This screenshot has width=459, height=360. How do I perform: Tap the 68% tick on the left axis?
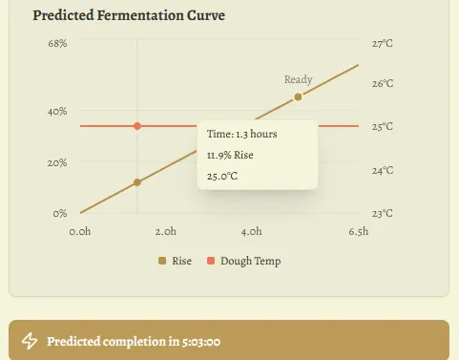[57, 44]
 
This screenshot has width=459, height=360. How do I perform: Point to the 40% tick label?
[57, 112]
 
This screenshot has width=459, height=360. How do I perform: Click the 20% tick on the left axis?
[57, 162]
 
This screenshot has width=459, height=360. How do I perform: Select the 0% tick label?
[60, 213]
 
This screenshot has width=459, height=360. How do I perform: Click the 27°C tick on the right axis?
[383, 44]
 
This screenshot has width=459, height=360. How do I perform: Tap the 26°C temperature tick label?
[383, 84]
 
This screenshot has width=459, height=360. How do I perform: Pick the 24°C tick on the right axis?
[383, 170]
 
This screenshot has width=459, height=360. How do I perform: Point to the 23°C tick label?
[383, 213]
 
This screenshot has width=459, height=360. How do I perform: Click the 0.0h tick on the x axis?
[81, 231]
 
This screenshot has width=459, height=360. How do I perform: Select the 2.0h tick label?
[165, 231]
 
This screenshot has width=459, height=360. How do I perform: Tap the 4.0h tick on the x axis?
[251, 231]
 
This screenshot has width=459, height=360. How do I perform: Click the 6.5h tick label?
[359, 231]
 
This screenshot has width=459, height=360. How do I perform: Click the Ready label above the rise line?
[298, 80]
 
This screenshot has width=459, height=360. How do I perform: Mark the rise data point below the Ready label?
[298, 97]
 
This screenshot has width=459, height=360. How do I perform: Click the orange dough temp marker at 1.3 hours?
[137, 126]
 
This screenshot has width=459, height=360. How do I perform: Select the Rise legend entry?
[176, 261]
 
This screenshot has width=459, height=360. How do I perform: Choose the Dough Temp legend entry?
[244, 261]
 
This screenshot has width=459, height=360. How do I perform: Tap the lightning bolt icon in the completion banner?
[30, 341]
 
